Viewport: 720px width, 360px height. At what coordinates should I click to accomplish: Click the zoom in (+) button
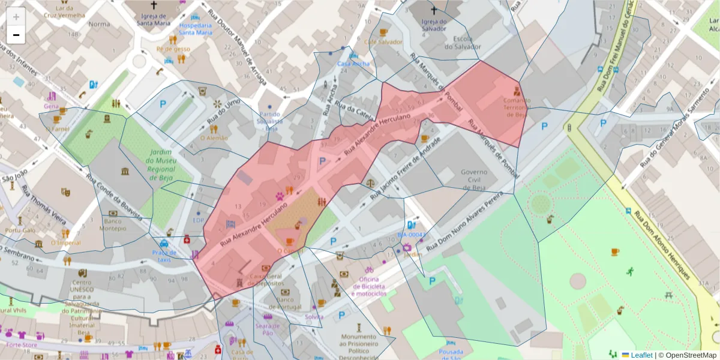click(x=16, y=16)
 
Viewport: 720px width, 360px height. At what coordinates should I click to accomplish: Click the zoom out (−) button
click(x=16, y=35)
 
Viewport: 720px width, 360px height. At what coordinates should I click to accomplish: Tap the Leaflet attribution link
click(x=641, y=355)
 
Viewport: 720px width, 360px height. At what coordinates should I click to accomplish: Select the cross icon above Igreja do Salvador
click(x=434, y=10)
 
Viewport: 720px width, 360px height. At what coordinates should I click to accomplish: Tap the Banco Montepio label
click(x=113, y=224)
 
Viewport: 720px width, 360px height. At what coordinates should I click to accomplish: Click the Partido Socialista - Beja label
click(x=270, y=121)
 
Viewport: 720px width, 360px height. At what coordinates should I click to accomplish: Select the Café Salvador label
click(x=383, y=42)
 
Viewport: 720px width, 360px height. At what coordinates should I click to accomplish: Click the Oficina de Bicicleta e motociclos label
click(x=368, y=286)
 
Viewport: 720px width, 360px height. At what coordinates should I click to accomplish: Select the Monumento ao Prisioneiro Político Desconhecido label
click(x=359, y=344)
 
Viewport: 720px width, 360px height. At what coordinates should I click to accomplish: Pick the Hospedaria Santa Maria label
click(x=196, y=29)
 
